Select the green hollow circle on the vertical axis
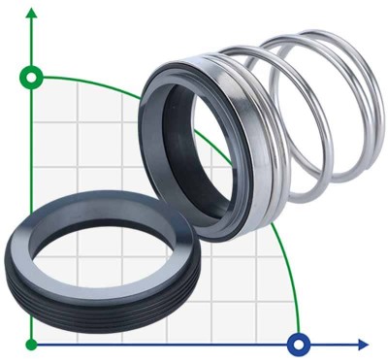pos(32,77)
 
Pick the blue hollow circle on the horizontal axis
pos(298,344)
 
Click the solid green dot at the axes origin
pos(32,344)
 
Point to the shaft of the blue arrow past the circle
pos(335,344)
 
